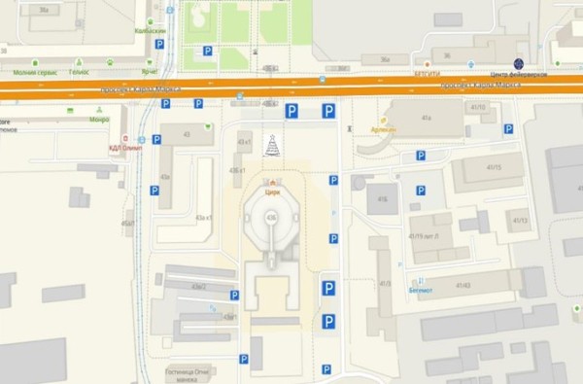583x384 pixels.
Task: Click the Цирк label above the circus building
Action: pyautogui.click(x=272, y=192)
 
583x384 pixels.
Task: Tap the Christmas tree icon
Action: pyautogui.click(x=273, y=145)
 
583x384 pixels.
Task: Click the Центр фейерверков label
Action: pyautogui.click(x=519, y=75)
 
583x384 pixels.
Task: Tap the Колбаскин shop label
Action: pyautogui.click(x=151, y=30)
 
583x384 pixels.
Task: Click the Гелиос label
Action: pyautogui.click(x=79, y=72)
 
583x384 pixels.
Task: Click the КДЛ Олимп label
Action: pyautogui.click(x=125, y=148)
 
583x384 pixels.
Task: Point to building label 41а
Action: pyautogui.click(x=426, y=118)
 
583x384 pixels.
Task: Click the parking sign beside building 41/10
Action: pyautogui.click(x=508, y=128)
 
